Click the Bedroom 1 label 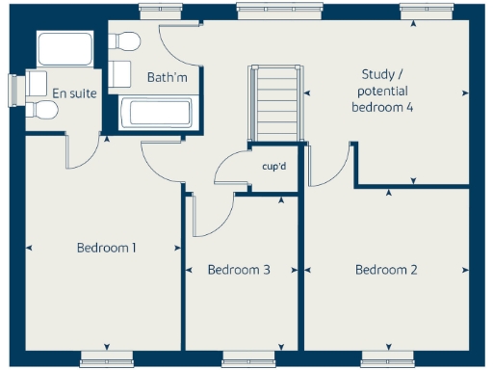106,248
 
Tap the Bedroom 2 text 385,270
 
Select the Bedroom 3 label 238,270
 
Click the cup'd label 274,166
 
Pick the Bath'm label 166,76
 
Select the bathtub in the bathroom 159,113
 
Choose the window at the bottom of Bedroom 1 105,357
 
